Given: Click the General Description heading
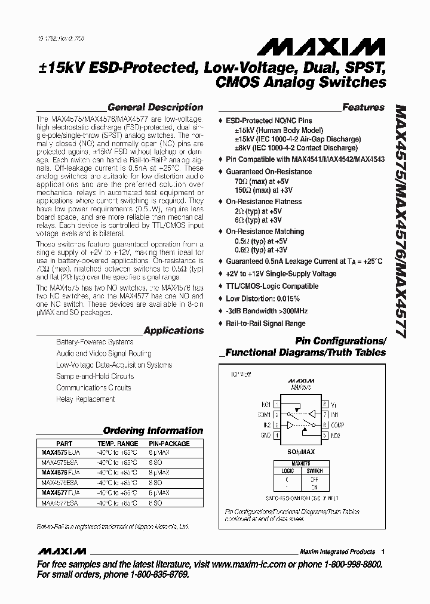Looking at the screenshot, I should click(x=155, y=107).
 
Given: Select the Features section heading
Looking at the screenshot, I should click(x=363, y=107).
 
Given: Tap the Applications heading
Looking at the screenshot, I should click(x=174, y=330).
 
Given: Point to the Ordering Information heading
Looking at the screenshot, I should click(x=153, y=430).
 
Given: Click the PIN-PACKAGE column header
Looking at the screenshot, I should click(x=168, y=444).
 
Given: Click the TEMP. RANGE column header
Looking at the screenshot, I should click(x=117, y=444).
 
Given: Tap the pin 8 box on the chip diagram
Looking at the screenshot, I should click(x=324, y=404).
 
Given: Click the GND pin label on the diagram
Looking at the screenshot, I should click(x=266, y=436).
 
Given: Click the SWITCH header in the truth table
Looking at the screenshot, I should click(x=315, y=470).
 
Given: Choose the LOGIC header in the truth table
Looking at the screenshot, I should click(x=288, y=470).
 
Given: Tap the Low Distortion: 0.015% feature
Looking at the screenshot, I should click(x=267, y=298).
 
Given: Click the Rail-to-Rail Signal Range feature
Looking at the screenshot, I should click(x=265, y=323).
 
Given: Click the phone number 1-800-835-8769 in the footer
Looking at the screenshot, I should click(x=157, y=574).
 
